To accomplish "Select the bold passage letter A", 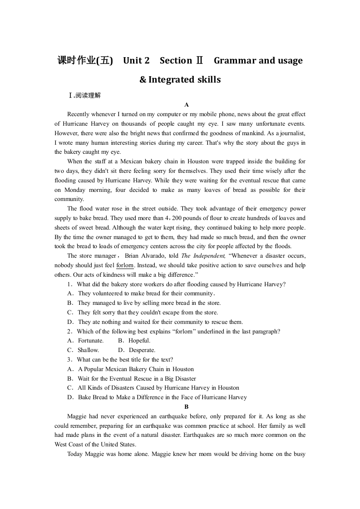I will point(186,105).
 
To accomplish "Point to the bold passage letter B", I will point(186,407).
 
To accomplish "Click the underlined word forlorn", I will point(125,265).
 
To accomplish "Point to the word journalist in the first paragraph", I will point(292,133).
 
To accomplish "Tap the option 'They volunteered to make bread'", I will point(145,294).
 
